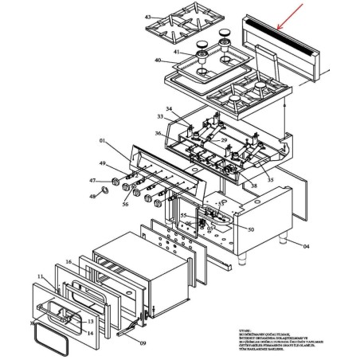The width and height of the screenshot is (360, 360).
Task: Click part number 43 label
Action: coord(147,17)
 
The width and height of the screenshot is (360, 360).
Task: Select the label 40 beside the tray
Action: coord(158,61)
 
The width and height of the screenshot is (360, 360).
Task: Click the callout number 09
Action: coord(143,343)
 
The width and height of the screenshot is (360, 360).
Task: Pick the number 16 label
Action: coord(68,262)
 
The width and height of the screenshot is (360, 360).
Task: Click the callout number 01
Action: coord(102,141)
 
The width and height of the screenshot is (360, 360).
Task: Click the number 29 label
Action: coord(224,140)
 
